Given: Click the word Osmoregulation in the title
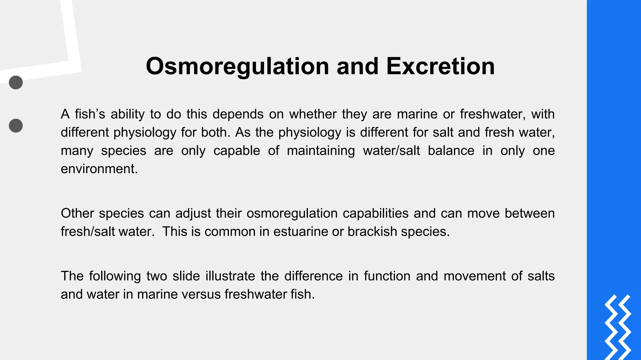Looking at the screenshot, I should click(x=237, y=66).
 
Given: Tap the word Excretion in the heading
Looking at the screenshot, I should click(x=440, y=66).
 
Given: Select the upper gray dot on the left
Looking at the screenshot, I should click(x=16, y=82).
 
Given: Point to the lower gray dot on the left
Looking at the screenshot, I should click(x=16, y=126).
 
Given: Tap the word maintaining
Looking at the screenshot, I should click(x=321, y=151).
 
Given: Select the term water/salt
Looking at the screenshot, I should click(x=391, y=151).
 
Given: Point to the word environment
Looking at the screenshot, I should click(x=99, y=169).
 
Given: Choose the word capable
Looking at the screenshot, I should click(x=237, y=151).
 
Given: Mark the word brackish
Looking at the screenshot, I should click(x=372, y=232).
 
